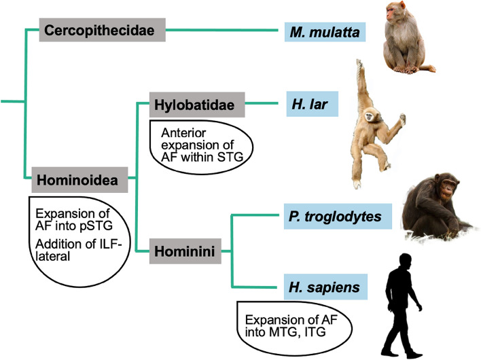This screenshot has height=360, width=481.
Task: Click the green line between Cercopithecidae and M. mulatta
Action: point(224,30)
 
